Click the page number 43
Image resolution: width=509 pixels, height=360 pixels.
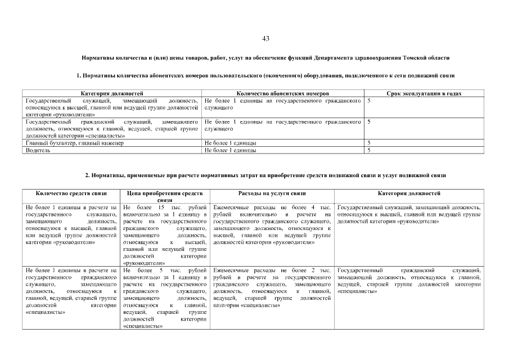[266, 39]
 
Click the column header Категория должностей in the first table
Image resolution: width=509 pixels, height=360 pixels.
[112, 93]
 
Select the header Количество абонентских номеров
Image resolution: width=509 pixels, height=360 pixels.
[283, 93]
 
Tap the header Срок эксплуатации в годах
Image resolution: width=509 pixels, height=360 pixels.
[424, 93]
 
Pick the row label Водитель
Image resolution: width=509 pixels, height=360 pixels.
[35, 150]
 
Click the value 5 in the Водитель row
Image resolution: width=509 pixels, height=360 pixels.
[369, 150]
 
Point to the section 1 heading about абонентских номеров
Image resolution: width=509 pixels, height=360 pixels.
[265, 75]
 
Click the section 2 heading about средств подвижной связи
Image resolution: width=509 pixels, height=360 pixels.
[265, 175]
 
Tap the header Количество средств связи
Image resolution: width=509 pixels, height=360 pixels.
[71, 193]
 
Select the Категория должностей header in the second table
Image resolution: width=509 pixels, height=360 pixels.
[409, 193]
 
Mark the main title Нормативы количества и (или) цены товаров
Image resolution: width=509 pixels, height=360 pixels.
[265, 58]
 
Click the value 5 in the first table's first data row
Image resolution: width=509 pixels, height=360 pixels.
[369, 100]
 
